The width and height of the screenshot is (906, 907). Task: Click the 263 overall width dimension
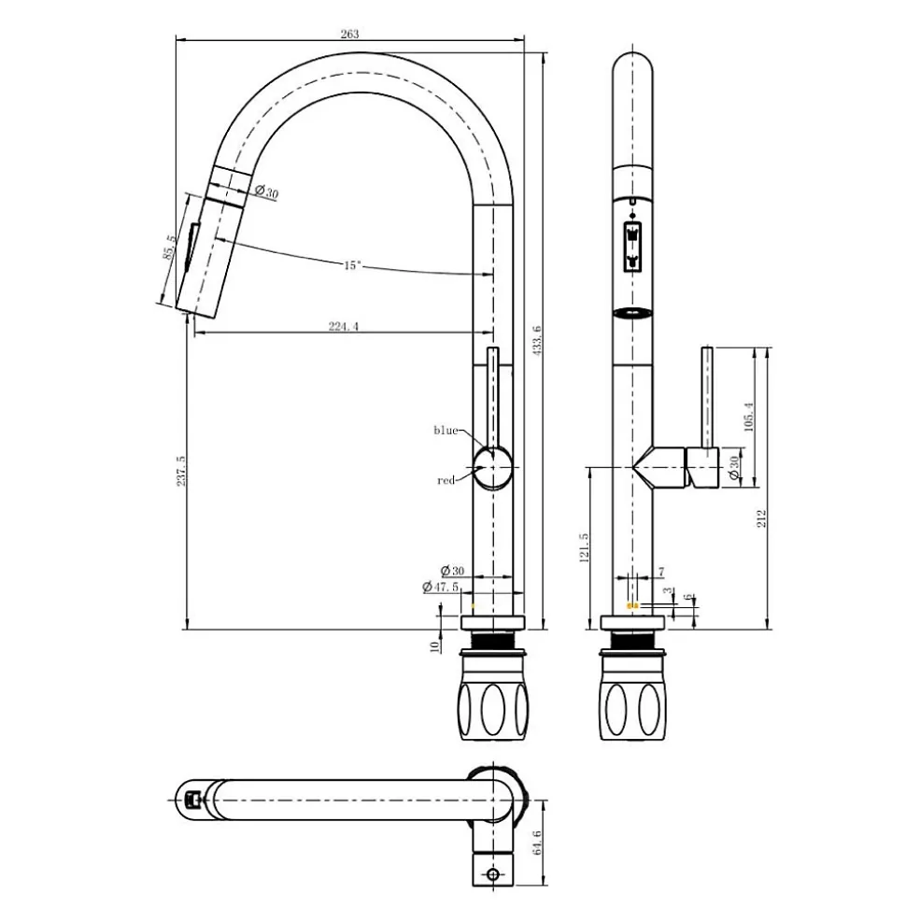tap(350, 34)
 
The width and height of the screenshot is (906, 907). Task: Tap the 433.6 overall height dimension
tap(536, 341)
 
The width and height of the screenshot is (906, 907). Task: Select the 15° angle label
tap(352, 265)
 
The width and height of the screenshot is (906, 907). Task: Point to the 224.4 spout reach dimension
tap(344, 326)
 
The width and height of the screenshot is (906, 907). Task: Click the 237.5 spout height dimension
tap(180, 470)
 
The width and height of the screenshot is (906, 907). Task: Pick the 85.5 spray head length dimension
tap(169, 247)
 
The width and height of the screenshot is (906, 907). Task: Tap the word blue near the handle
tap(446, 430)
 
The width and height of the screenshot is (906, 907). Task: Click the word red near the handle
tap(446, 480)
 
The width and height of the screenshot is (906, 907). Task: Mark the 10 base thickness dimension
tap(435, 645)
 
